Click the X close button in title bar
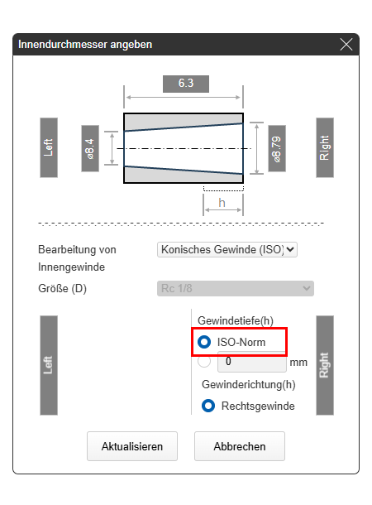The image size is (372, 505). pos(346,45)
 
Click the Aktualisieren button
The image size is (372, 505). pos(132,446)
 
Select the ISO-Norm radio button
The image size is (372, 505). pos(204,342)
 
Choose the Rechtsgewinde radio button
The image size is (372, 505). pos(208,406)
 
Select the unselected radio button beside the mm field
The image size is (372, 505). pos(204,362)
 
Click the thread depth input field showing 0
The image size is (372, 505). pos(252,362)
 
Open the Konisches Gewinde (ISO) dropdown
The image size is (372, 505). pos(227,249)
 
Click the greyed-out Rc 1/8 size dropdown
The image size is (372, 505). pos(236,288)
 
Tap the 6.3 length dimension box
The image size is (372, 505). pos(186,84)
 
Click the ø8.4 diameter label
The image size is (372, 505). pos(90,148)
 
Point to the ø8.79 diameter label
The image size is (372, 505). pos(277,148)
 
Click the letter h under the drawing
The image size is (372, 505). pos(222,203)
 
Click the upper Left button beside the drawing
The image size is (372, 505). pos(49,147)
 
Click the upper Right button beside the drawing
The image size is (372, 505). pos(325,147)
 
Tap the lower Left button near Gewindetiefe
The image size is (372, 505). pos(49,365)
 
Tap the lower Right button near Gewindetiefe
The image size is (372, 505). pos(325,365)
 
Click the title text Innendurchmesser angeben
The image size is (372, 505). pos(85,45)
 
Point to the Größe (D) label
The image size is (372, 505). pos(62,288)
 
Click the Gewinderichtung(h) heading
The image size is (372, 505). pos(249,385)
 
